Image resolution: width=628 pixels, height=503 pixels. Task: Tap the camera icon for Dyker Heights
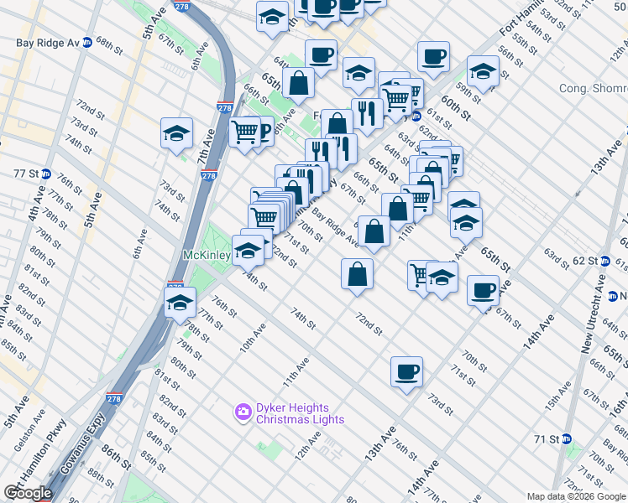pyautogui.click(x=243, y=412)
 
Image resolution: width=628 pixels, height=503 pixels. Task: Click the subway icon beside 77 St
pyautogui.click(x=47, y=174)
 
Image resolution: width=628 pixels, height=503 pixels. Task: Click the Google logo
pyautogui.click(x=28, y=492)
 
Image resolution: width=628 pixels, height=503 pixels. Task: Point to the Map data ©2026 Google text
pyautogui.click(x=577, y=496)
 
